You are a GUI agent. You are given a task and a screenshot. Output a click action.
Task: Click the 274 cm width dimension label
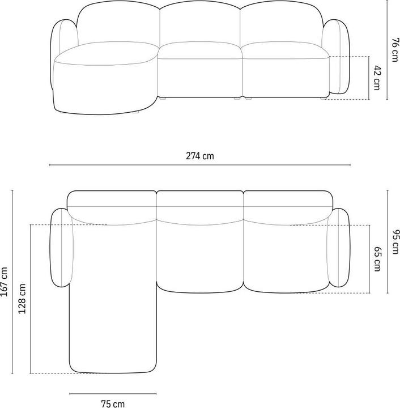(199, 156)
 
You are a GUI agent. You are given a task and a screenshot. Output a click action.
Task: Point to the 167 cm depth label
(5, 282)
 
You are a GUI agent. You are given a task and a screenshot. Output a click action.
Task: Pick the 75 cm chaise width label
(113, 403)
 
